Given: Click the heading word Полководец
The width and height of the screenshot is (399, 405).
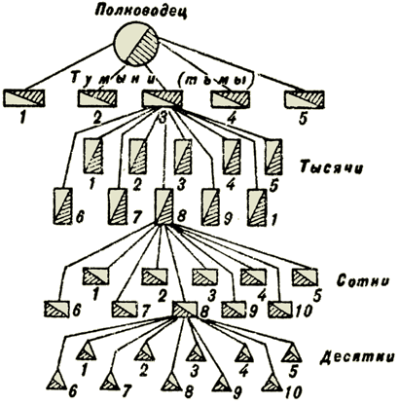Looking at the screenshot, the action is [141, 10].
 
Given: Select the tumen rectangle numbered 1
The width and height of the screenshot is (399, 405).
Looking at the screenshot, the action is [24, 98].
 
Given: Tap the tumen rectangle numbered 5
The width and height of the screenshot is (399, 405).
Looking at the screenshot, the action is [304, 99].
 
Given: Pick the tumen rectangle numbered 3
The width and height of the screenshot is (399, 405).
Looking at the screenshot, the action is [163, 98].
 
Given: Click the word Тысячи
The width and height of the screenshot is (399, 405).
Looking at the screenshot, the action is [331, 166].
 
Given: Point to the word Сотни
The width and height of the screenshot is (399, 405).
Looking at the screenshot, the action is [363, 280].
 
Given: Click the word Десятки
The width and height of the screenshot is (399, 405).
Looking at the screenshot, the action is [357, 357].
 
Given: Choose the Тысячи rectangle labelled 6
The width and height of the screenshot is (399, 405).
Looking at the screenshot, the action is [63, 206].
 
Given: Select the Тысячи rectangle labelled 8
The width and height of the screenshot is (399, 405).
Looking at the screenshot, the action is [164, 206].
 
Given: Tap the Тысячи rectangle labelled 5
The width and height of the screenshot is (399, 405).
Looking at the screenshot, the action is [273, 157].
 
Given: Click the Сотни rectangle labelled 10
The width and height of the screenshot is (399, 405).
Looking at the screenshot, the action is [281, 310].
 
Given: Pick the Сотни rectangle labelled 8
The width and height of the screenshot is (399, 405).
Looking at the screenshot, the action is [185, 310].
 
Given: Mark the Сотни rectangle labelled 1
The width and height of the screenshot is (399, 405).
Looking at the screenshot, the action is [95, 276].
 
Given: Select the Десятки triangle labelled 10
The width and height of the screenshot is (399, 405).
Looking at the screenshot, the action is [272, 383].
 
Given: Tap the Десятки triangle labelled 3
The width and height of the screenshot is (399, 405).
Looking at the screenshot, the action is [197, 352].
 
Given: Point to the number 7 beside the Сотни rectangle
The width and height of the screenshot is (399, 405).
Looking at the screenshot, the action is [144, 312].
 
